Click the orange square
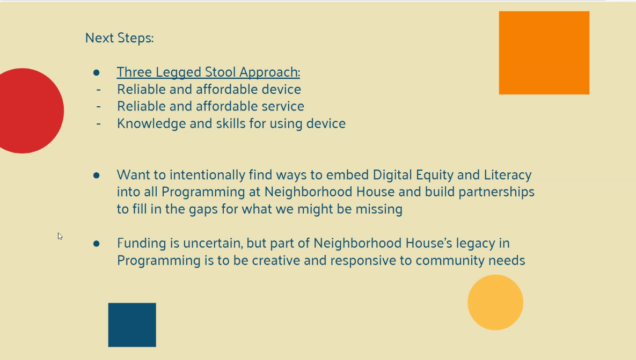(x=544, y=53)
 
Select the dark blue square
(x=132, y=325)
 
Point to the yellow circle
(x=495, y=303)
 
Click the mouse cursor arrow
(x=60, y=236)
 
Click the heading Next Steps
(x=119, y=38)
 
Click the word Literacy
(x=507, y=175)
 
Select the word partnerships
(x=496, y=192)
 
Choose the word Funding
(x=142, y=243)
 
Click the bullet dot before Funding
(x=96, y=243)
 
